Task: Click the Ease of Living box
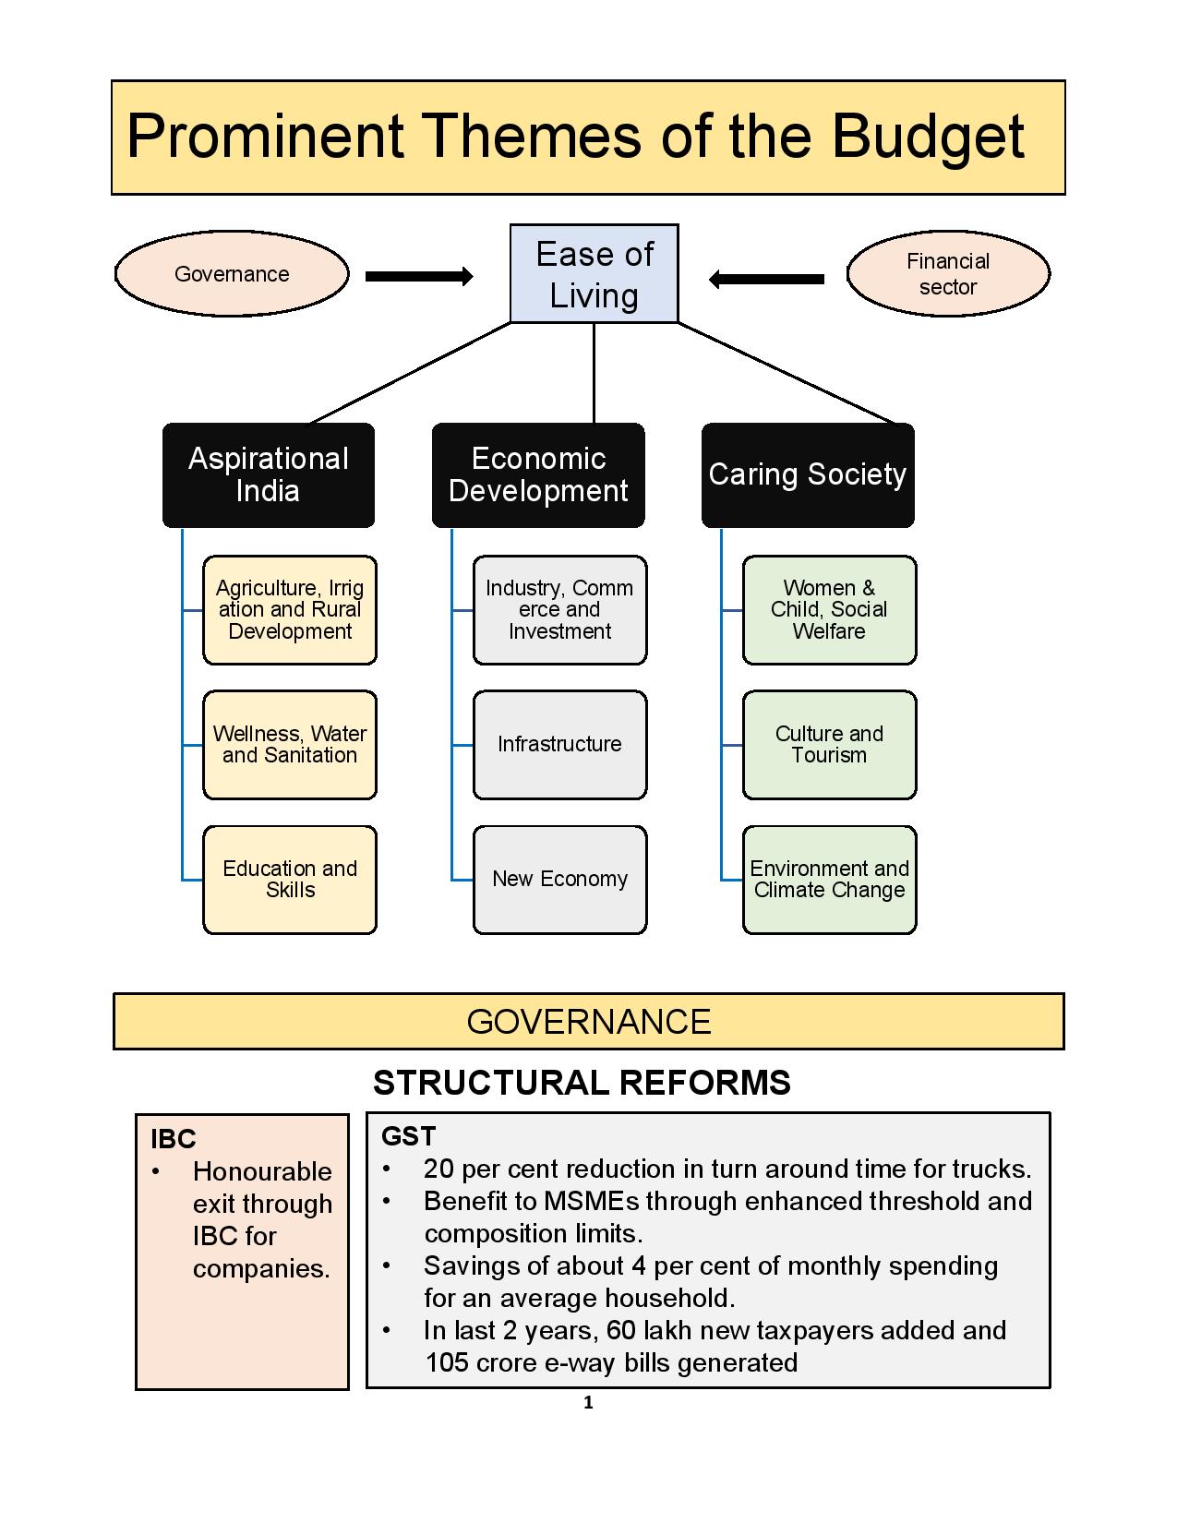(594, 274)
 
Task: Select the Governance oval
(232, 274)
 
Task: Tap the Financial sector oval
(948, 274)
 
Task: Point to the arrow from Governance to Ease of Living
(419, 276)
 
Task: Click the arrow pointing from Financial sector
(766, 279)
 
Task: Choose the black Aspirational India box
(269, 475)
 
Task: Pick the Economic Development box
(538, 475)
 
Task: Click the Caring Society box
(808, 475)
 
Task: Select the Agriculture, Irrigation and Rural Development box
(290, 610)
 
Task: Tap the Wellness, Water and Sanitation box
(290, 745)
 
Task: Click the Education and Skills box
(290, 880)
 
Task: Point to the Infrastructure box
(559, 745)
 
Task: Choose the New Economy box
(559, 880)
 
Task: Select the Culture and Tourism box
(829, 745)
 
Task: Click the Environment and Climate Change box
(829, 880)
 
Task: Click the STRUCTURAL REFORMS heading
(582, 1083)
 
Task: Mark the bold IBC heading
(174, 1139)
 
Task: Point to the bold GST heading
(408, 1136)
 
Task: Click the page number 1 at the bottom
(589, 1404)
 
